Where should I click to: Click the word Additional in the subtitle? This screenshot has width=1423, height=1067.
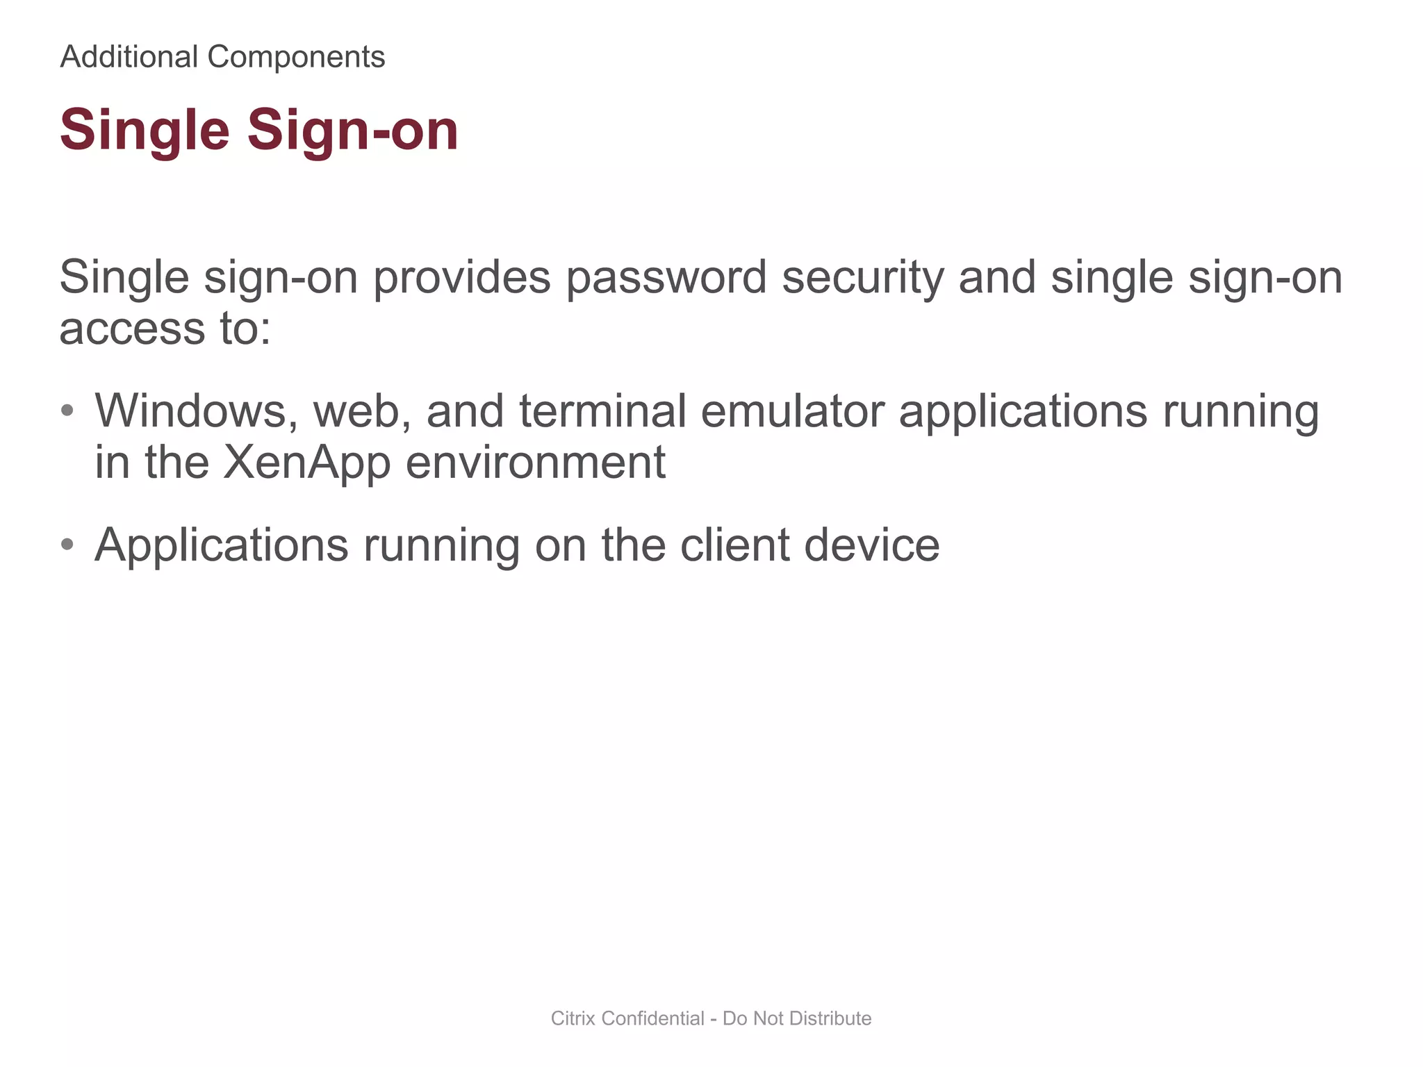(x=129, y=57)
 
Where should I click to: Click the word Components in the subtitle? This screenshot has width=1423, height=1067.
(x=296, y=57)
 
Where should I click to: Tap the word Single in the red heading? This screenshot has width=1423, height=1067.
(x=145, y=131)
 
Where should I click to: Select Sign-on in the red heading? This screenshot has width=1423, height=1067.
(x=353, y=131)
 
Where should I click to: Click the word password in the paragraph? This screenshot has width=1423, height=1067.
(x=666, y=278)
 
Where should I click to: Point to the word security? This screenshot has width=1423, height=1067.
(x=862, y=278)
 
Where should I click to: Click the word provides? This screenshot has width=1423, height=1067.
(x=461, y=278)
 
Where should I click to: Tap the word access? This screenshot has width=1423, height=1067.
(x=132, y=329)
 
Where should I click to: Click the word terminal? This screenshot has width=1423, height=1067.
(x=602, y=411)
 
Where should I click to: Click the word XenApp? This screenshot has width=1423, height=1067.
(x=306, y=463)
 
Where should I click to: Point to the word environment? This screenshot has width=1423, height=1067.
(x=535, y=463)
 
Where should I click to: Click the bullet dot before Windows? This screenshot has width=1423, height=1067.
(x=67, y=411)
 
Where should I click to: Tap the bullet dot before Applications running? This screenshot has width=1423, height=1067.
(x=67, y=545)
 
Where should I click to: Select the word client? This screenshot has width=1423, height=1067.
(x=734, y=545)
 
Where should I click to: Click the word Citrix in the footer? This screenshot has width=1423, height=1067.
(x=573, y=1018)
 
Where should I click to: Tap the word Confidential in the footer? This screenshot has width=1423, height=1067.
(x=653, y=1018)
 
